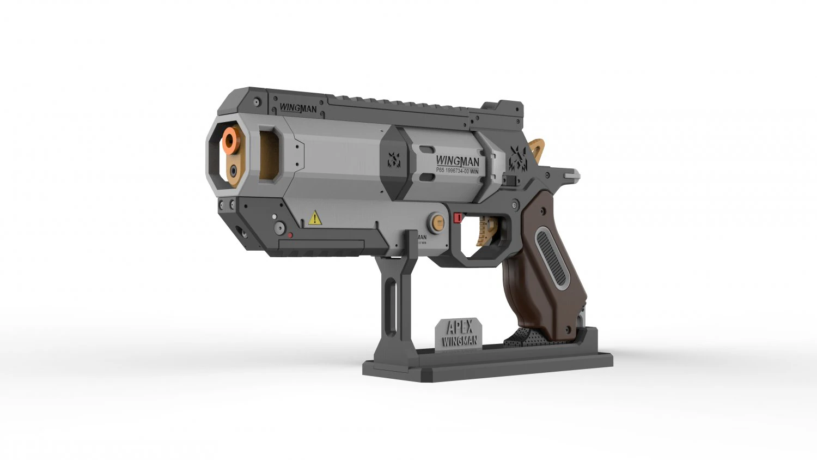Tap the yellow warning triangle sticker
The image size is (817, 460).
pyautogui.click(x=315, y=219)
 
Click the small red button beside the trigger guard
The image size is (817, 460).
pyautogui.click(x=457, y=218)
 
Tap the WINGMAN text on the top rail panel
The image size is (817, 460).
pyautogui.click(x=298, y=108)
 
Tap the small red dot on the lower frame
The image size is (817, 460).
pyautogui.click(x=290, y=235)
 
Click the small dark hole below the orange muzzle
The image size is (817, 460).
pyautogui.click(x=234, y=170)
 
